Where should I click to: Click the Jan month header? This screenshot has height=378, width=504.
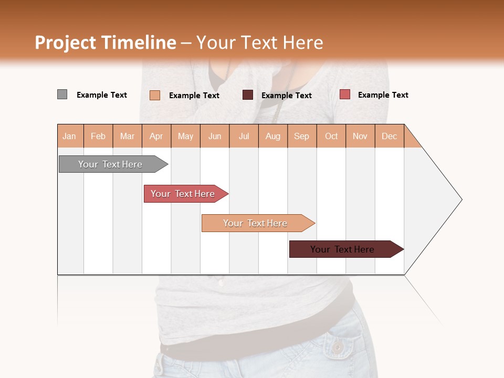(70, 136)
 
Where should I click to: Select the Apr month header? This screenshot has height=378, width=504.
(156, 136)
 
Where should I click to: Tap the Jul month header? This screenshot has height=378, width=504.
(244, 136)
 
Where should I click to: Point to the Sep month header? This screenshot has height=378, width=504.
(301, 136)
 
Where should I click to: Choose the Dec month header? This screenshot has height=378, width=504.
(389, 136)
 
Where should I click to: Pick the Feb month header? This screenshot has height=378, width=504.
(98, 136)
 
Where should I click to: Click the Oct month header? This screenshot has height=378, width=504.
(331, 136)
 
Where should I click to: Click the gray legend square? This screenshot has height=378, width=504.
(62, 94)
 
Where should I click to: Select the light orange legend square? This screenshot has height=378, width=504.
(155, 95)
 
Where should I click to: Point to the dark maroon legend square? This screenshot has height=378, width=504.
(248, 94)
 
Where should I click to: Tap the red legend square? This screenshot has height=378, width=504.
(344, 94)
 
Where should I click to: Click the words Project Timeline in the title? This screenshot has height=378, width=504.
(105, 43)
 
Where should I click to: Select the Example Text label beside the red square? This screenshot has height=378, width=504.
(383, 95)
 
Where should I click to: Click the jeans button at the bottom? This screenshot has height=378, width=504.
(337, 347)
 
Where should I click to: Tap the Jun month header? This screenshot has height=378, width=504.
(215, 136)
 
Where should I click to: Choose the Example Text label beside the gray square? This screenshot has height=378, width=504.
(101, 95)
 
